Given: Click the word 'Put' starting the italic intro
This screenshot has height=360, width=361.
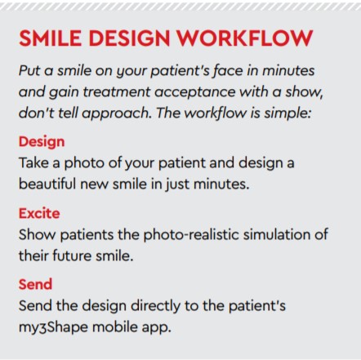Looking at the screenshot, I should point(31,71).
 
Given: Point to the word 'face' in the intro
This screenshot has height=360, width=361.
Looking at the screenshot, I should point(218,71).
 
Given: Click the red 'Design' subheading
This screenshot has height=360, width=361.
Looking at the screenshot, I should point(42,142).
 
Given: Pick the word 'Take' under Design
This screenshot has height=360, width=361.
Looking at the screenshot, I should point(34,162).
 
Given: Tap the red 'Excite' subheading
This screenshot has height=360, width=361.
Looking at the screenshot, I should point(39,213).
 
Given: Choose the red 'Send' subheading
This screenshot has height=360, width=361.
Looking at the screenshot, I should point(35,285).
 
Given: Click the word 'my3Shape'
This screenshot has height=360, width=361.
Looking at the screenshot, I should point(56,327).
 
